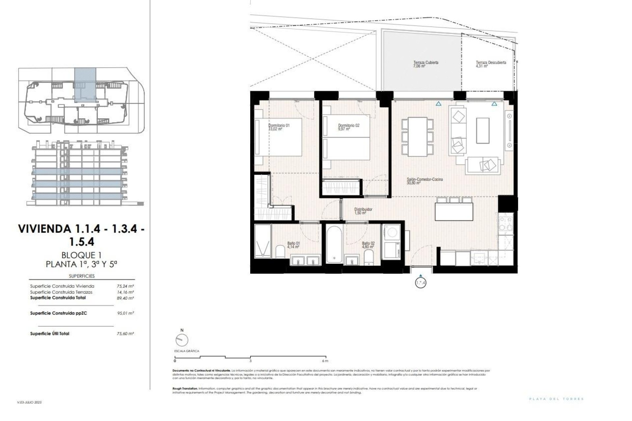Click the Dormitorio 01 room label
click(x=279, y=127)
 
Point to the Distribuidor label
click(x=363, y=210)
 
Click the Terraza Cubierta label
click(x=426, y=64)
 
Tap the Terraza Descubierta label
click(x=490, y=64)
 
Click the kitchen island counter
click(x=455, y=212)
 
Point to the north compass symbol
click(x=182, y=340)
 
